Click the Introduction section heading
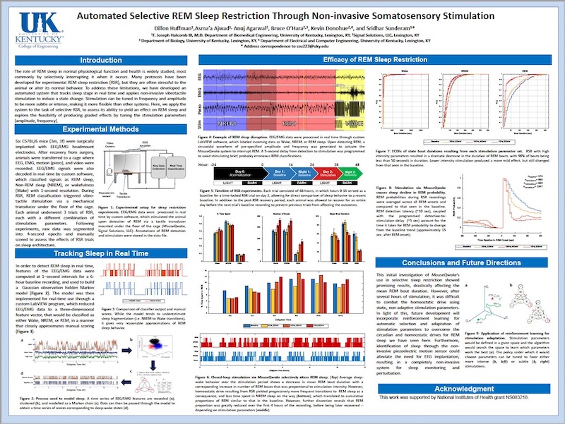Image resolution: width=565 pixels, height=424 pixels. (100, 61)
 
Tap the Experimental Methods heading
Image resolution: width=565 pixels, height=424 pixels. (100, 130)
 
